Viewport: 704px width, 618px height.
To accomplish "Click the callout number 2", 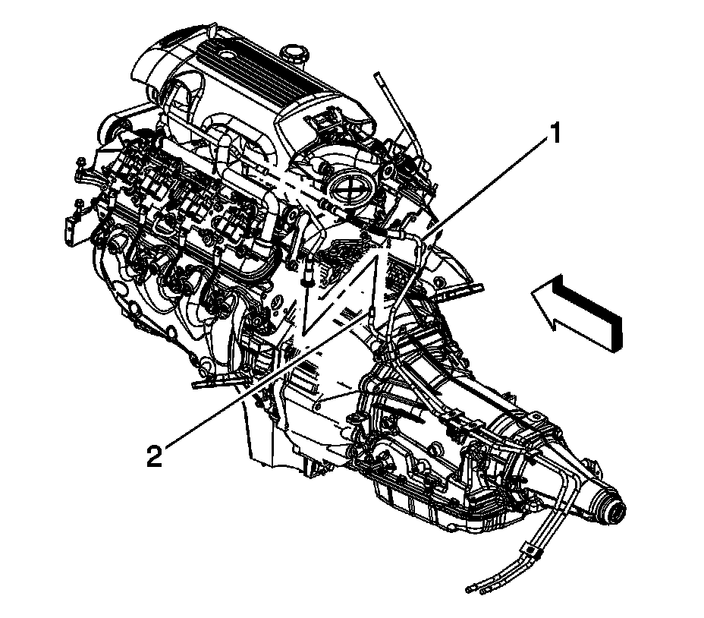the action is pos(154,456).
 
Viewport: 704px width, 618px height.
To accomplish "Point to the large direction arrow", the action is pos(577,311).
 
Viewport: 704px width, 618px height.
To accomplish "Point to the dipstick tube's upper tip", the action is pos(376,75).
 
